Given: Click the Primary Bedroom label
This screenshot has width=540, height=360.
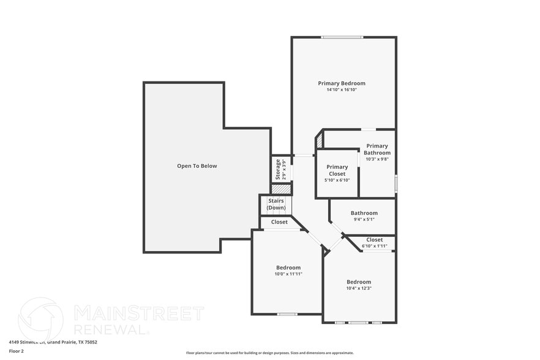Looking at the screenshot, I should [x=342, y=83].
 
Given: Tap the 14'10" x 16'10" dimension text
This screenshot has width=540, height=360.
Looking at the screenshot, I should [x=342, y=90].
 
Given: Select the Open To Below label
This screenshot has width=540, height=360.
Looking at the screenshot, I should [x=197, y=166].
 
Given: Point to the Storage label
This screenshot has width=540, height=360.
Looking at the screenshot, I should [x=277, y=169].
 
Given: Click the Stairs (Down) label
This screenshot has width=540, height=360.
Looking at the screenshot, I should [x=276, y=204].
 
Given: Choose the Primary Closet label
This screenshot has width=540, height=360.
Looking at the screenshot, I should [x=337, y=170].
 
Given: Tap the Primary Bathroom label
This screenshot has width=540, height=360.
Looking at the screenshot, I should [x=377, y=149].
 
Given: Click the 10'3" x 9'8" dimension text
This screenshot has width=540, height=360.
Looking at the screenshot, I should [x=377, y=159].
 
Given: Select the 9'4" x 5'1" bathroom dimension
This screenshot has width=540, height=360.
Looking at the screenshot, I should [x=364, y=219].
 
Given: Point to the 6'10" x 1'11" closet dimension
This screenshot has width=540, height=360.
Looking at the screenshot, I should [x=374, y=246].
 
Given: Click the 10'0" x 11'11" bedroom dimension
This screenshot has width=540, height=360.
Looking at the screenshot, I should [x=288, y=274].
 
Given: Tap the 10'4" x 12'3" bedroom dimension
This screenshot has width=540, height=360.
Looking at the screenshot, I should [x=359, y=288].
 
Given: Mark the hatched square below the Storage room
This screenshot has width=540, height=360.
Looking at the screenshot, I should [x=281, y=189].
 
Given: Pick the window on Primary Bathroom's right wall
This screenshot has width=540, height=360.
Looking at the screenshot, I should [x=396, y=183].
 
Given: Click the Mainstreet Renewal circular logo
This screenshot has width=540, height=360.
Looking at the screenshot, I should [x=41, y=318].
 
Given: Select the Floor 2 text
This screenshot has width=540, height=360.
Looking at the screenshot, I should [x=16, y=351].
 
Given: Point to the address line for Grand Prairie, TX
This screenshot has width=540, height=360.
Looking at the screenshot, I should [x=44, y=342].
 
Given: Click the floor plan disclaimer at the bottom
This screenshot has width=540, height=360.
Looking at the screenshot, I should [x=269, y=353].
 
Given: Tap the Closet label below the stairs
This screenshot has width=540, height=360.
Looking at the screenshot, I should [x=279, y=222].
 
